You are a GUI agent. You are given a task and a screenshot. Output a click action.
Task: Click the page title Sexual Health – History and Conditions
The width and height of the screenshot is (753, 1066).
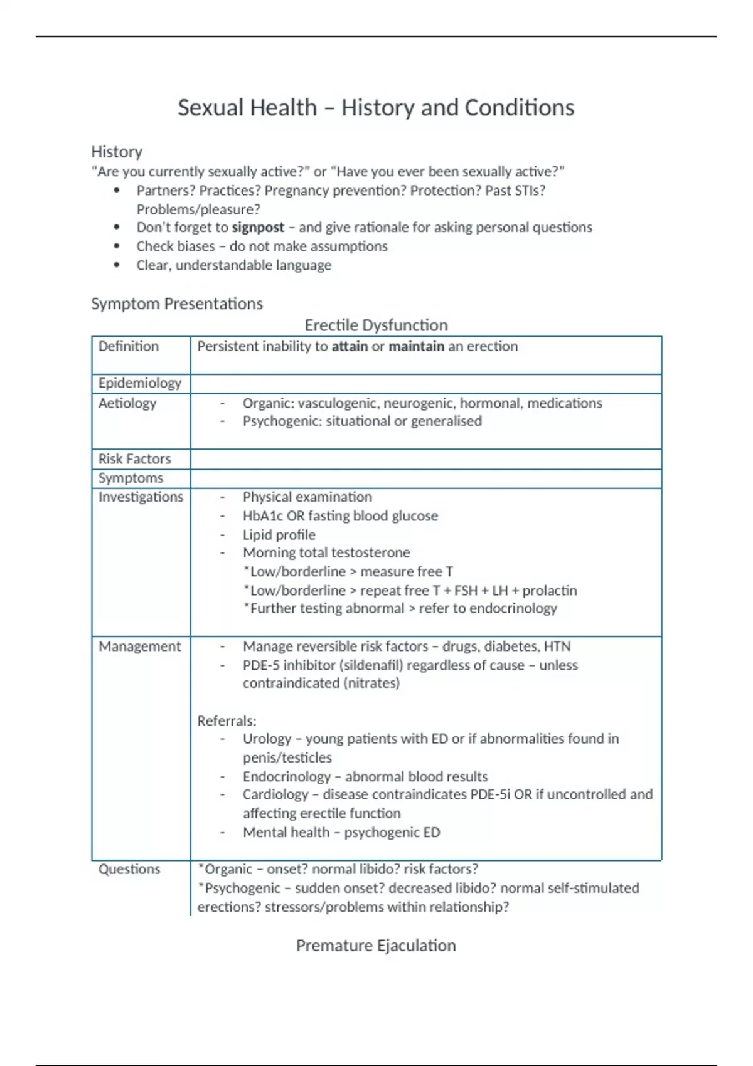(376, 108)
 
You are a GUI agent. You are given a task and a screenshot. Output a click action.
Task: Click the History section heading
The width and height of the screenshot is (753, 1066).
(117, 152)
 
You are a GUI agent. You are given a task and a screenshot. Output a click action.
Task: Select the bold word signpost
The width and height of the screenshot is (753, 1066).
(258, 227)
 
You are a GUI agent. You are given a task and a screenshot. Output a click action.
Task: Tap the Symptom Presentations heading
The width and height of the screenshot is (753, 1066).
(177, 303)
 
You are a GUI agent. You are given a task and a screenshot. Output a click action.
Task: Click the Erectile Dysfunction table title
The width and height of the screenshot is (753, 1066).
(376, 325)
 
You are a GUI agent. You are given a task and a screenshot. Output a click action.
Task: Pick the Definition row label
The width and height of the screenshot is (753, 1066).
(129, 346)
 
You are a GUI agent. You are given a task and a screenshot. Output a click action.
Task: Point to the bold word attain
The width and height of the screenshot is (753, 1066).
(350, 346)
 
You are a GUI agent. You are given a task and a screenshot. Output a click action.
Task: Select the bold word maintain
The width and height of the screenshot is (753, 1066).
(416, 346)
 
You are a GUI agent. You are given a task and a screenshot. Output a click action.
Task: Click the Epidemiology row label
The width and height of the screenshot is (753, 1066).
(139, 383)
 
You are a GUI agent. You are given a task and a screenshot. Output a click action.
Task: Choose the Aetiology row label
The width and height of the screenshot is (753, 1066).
(127, 403)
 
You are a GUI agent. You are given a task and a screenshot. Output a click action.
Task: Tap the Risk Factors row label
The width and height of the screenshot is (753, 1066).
(134, 459)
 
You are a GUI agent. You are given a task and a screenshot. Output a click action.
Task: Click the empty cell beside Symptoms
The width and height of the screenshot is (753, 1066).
(425, 478)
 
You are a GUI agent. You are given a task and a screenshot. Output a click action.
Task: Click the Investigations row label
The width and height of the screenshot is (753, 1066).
(141, 497)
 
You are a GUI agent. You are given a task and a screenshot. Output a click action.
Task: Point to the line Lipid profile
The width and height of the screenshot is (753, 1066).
(279, 535)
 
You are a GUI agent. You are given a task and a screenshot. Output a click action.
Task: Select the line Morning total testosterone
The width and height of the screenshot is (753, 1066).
(326, 552)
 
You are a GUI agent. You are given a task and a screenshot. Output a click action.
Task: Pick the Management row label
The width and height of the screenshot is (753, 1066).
(139, 646)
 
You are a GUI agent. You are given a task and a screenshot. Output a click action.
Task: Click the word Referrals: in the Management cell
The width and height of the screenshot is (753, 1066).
(227, 721)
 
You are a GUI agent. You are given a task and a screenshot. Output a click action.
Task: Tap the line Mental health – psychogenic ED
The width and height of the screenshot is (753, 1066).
(341, 832)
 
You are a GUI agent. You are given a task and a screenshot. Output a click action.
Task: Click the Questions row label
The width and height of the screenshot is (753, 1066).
(129, 869)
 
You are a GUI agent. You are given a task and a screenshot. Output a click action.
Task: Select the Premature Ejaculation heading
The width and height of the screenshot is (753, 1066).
(376, 946)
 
